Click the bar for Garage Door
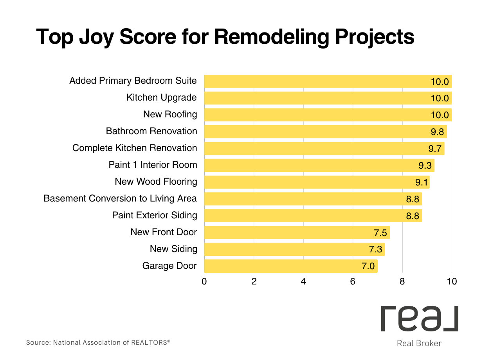coord(290,266)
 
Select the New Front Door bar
coord(297,232)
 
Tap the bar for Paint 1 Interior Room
coord(319,165)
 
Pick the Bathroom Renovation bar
coord(325,131)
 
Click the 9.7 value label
coord(435,148)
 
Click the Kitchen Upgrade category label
coord(162,97)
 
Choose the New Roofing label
coord(170,114)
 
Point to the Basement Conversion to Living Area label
coord(120,198)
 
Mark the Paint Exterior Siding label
coord(155,215)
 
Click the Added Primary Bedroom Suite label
coord(133,81)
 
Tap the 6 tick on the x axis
coord(353,281)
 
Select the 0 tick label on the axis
coord(204,281)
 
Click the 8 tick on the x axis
coord(402,281)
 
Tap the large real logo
coord(419,319)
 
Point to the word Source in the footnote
coord(38,342)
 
